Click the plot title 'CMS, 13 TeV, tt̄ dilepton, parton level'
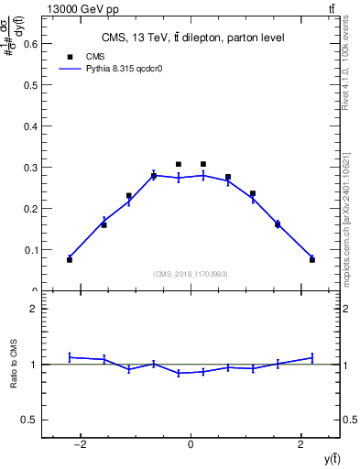click(191, 38)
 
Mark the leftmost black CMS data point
click(70, 260)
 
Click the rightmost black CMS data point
click(312, 260)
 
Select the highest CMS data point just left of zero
click(179, 165)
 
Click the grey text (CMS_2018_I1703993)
click(191, 274)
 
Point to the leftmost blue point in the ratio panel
click(70, 357)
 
